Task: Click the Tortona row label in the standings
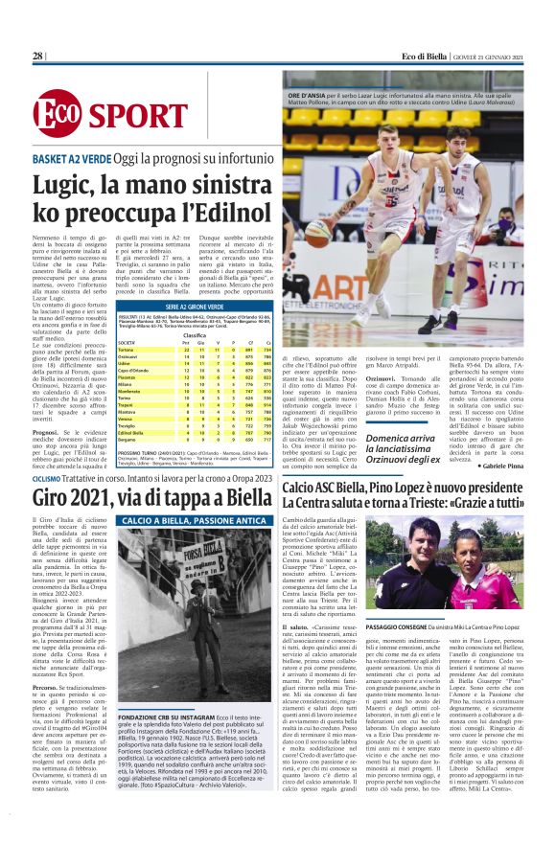click(127, 351)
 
